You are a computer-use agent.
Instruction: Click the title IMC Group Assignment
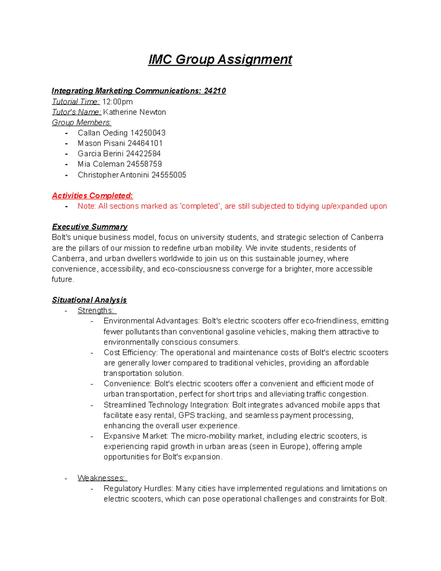pos(220,60)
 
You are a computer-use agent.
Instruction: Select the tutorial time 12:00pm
pos(117,101)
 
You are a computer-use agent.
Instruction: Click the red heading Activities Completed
pos(92,196)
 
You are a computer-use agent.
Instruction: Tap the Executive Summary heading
pos(90,227)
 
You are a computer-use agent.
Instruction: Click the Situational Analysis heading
pos(89,300)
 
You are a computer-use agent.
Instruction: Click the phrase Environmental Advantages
pos(152,321)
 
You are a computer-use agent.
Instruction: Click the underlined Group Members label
pos(81,122)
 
